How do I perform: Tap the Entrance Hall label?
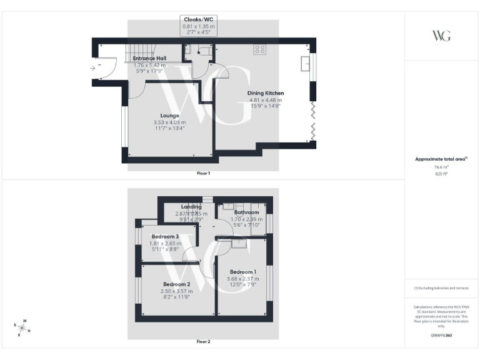click(149, 58)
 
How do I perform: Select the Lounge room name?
click(169, 116)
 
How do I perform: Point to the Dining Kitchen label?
click(266, 93)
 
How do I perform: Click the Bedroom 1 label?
click(243, 272)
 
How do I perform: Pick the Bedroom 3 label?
click(165, 236)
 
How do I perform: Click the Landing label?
click(191, 207)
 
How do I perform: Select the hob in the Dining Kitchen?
click(261, 49)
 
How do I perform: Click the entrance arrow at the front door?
click(93, 67)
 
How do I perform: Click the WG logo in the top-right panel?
click(441, 35)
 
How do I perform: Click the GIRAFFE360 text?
click(441, 336)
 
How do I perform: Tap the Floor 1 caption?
click(203, 172)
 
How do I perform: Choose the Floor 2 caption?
click(203, 342)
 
